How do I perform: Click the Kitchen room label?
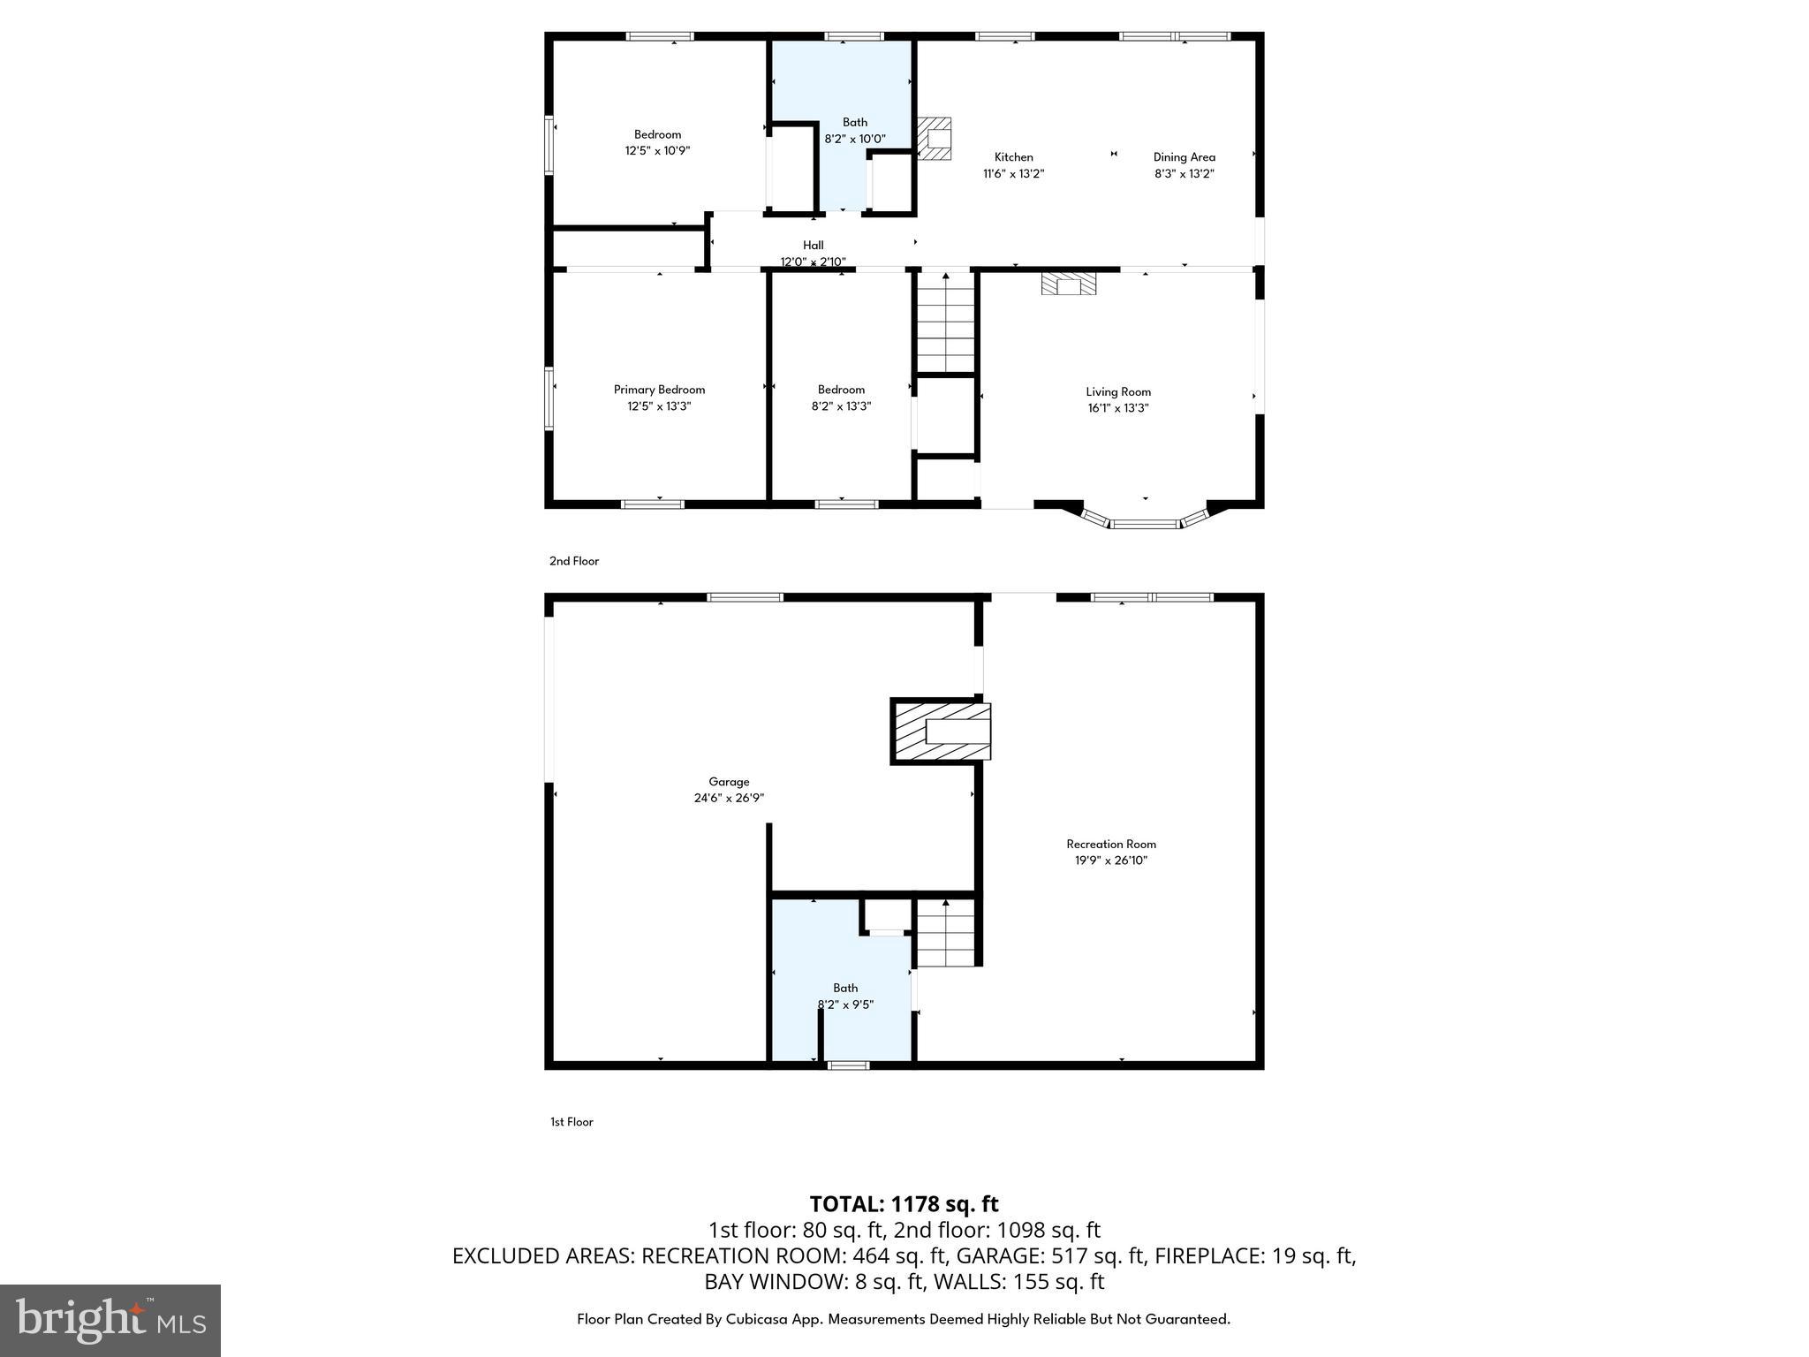pos(1013,157)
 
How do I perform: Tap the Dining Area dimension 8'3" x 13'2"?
pos(1184,174)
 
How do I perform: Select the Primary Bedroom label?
pos(659,390)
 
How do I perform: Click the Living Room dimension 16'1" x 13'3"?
pos(1117,408)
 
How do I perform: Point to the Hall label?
pos(813,246)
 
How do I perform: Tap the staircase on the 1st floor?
pos(945,934)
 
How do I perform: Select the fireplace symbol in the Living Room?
pos(1068,284)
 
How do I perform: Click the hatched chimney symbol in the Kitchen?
pos(935,139)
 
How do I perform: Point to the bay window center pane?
pos(1144,525)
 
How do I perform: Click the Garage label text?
pos(729,782)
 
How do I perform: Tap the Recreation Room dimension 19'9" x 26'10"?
pos(1110,860)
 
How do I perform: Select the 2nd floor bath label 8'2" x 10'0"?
pos(854,139)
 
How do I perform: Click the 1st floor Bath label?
pos(844,989)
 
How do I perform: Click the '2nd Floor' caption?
pos(574,561)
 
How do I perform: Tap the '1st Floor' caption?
pos(571,1122)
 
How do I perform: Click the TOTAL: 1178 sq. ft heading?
pos(904,1204)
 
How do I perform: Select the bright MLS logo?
pos(110,1321)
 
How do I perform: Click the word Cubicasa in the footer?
pos(763,1319)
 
